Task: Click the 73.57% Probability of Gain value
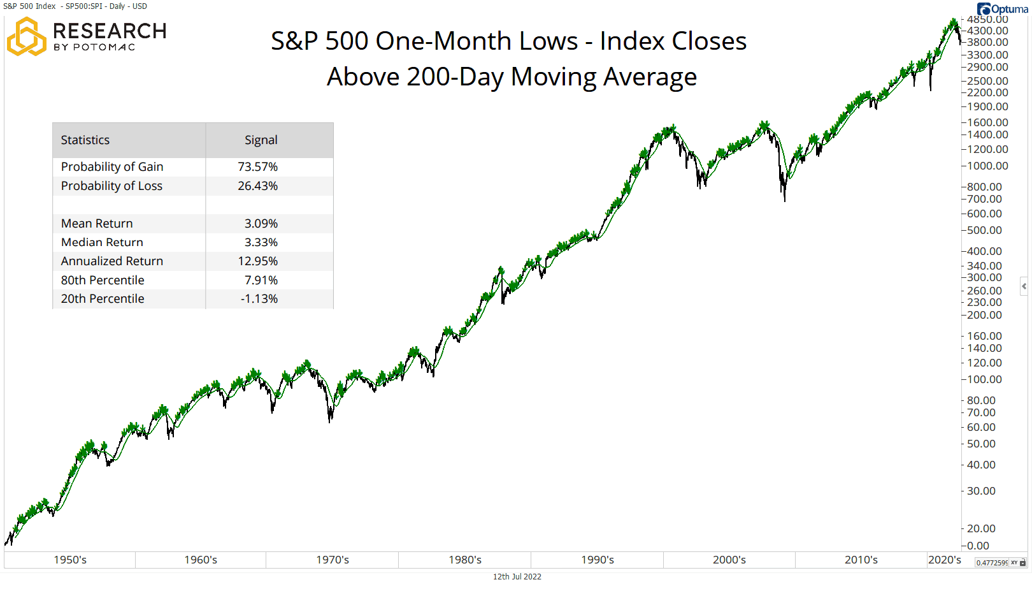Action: pos(257,166)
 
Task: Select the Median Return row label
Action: pos(102,242)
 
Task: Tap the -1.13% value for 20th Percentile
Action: pos(259,299)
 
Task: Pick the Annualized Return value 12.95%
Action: pos(257,261)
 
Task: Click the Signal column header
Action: pos(261,140)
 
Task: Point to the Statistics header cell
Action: pos(85,140)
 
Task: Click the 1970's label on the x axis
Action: pos(333,560)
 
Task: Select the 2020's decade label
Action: pos(944,560)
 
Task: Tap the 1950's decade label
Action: pos(70,560)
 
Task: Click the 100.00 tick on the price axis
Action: pos(984,379)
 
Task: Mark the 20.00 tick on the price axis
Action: pos(981,528)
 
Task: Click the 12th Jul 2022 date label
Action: pos(517,577)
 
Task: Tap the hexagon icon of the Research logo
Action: pos(26,37)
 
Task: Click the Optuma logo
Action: pos(1002,9)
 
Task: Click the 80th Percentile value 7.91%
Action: pos(261,280)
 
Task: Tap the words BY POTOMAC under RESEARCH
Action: pos(94,47)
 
